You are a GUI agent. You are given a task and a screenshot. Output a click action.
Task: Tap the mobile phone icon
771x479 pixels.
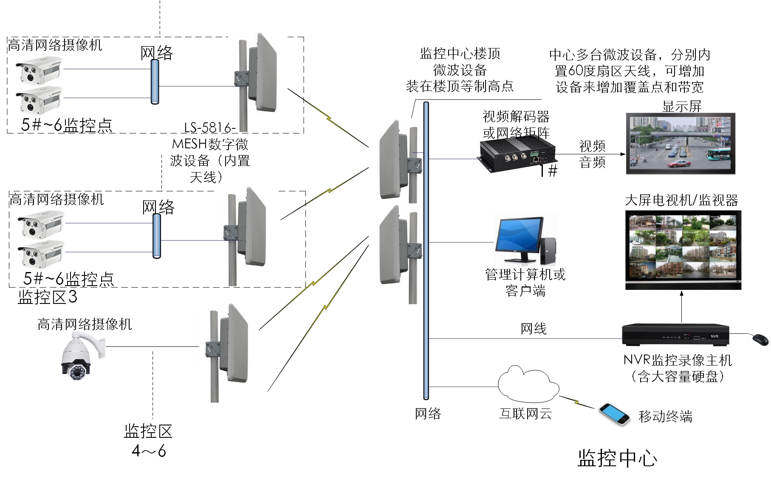pos(614,414)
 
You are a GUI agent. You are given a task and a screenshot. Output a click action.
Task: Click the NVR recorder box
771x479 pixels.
pos(675,335)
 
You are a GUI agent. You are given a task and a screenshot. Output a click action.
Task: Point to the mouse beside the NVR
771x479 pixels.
pos(760,340)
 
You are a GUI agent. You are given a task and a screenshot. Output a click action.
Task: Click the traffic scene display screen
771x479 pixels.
pos(680,144)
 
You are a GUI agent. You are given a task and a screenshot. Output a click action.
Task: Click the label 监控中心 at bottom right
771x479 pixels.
pos(617,459)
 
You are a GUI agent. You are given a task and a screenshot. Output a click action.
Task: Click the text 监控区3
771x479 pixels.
pos(48,297)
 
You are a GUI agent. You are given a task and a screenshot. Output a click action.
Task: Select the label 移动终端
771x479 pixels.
pos(665,416)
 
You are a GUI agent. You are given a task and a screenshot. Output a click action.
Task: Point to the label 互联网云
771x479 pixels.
pos(525,414)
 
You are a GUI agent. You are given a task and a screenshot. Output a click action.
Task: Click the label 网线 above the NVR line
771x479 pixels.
pos(534,329)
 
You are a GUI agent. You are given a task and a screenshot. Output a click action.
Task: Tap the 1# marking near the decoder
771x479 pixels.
pos(548,171)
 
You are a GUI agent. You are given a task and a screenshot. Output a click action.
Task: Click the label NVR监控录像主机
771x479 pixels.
pos(678,360)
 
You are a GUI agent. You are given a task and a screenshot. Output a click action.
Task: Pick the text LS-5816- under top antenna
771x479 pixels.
pos(209,128)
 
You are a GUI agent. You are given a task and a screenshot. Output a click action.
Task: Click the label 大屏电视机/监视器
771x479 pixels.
pos(681,200)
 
